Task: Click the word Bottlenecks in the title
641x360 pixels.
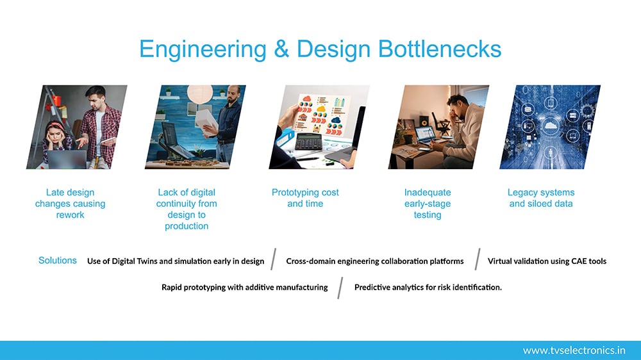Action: pos(440,49)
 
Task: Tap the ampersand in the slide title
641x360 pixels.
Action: pos(281,49)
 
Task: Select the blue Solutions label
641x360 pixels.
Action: pos(57,260)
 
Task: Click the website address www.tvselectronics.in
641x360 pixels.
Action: pos(574,350)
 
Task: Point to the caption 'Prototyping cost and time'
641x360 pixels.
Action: pos(305,198)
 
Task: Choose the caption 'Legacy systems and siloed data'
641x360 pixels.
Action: pos(541,198)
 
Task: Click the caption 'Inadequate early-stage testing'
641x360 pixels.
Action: pos(428,204)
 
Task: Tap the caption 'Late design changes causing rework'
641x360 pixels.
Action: pos(70,204)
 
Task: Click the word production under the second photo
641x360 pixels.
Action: pos(187,226)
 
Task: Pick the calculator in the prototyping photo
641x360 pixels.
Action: pos(309,142)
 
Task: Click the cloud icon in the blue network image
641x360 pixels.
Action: pos(550,126)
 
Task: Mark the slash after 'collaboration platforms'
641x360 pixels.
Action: pos(478,259)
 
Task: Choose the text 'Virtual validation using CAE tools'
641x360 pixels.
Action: pos(547,261)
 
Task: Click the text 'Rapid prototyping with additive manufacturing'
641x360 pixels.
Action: pos(244,287)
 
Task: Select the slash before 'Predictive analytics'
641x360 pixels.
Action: pos(340,288)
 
